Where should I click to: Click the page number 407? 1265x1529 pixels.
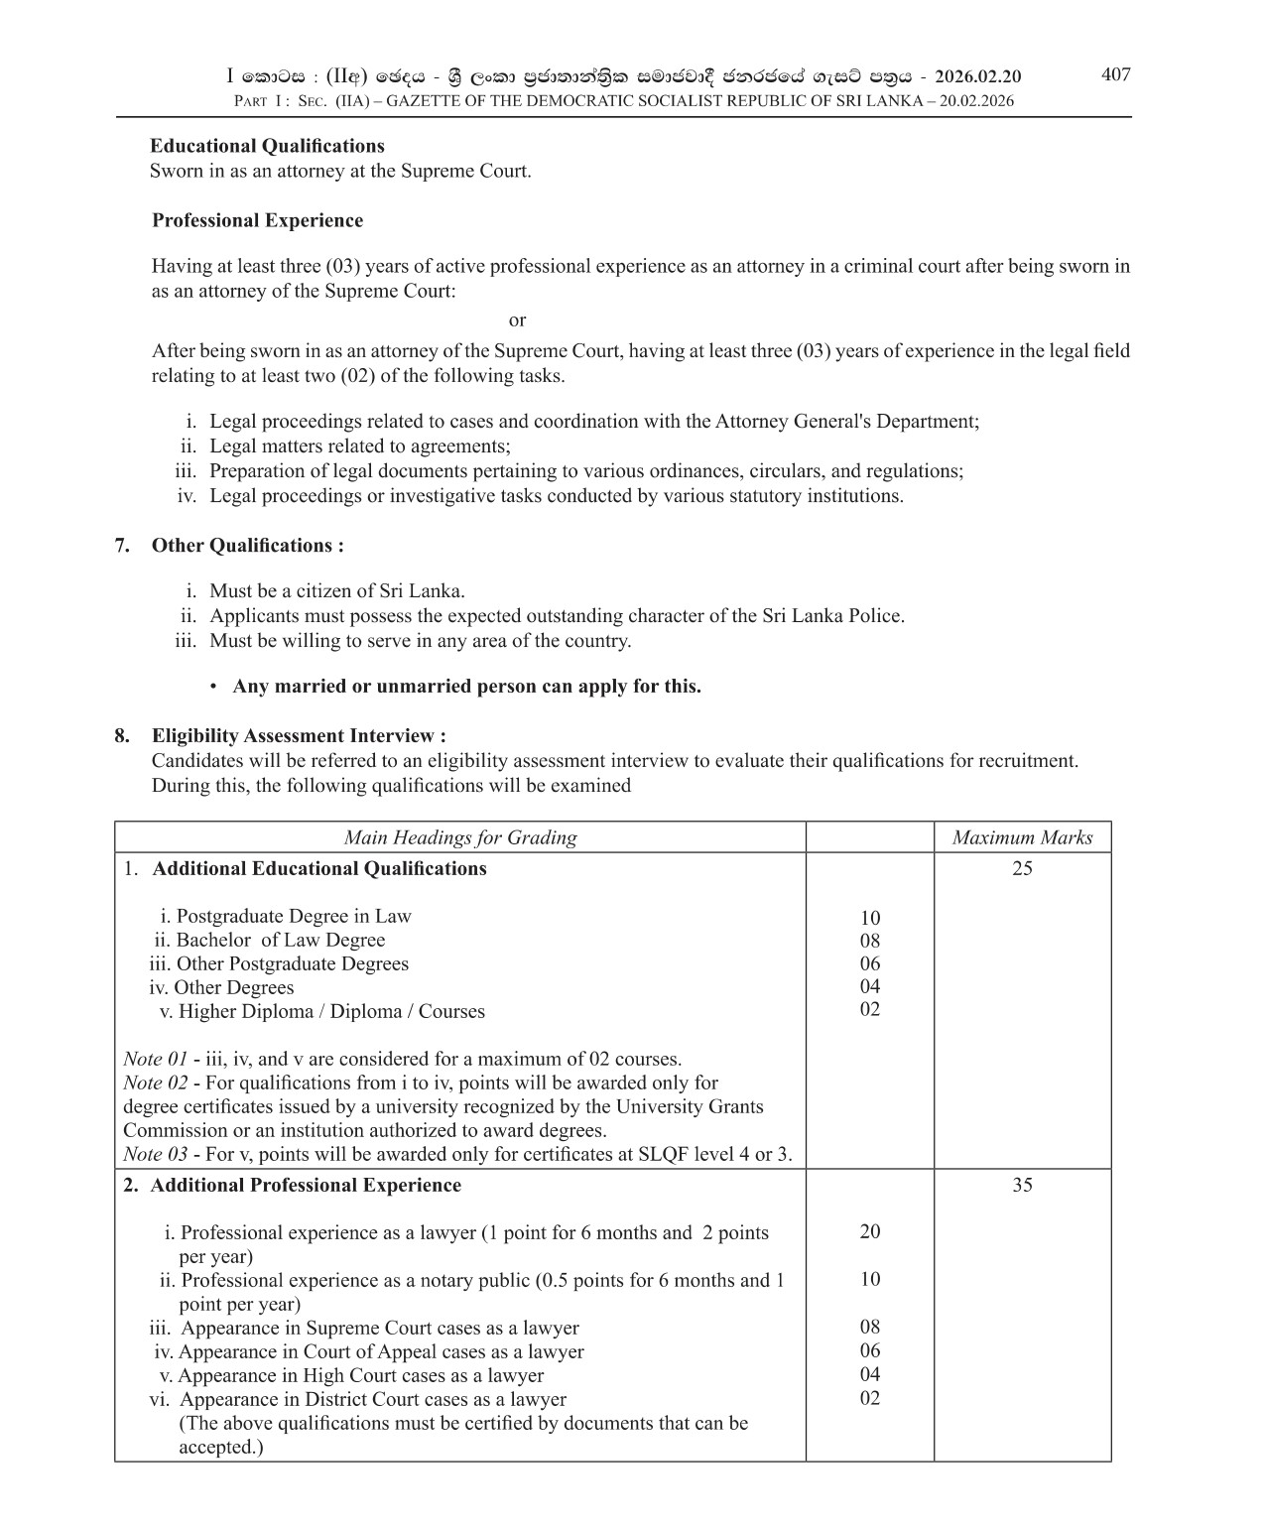click(1115, 74)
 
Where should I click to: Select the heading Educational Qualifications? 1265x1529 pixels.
click(267, 146)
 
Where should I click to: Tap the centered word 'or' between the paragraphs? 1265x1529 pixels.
click(517, 320)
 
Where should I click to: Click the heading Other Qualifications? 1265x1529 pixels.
click(247, 546)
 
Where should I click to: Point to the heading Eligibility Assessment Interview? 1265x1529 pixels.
click(299, 736)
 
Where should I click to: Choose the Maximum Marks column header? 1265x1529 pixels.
click(1022, 837)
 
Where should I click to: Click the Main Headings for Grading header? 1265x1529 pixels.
click(459, 837)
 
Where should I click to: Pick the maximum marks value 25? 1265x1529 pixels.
click(1022, 869)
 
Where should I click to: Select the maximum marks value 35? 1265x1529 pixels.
click(1022, 1185)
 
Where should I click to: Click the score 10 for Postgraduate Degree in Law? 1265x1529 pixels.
click(869, 919)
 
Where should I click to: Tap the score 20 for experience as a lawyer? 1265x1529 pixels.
click(869, 1231)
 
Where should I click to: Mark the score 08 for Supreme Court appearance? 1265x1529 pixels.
click(869, 1327)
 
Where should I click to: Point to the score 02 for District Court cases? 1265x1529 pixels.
click(869, 1398)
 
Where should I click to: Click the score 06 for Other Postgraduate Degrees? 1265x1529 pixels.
click(869, 963)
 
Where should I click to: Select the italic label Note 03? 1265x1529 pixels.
click(155, 1154)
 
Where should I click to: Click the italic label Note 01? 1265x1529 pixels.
click(155, 1059)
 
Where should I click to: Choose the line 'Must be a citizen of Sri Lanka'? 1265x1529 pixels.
click(336, 591)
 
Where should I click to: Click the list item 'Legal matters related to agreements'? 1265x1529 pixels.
click(359, 446)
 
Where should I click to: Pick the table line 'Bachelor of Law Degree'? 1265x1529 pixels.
click(280, 940)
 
